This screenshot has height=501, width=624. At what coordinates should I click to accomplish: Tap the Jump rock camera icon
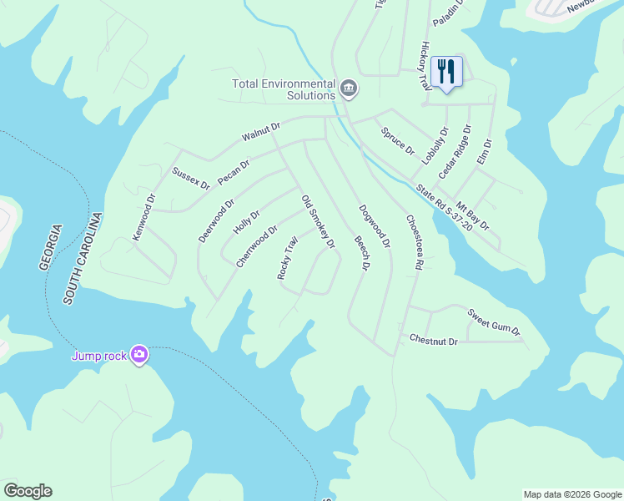138,356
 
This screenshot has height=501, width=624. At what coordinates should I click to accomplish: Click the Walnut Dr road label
262,130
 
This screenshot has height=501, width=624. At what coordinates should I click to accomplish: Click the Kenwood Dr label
144,218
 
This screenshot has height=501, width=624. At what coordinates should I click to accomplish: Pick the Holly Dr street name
246,223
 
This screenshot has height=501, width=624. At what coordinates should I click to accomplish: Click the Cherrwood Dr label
256,245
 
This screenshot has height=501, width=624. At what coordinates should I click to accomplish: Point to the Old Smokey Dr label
318,221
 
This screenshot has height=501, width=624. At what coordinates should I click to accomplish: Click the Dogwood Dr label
375,226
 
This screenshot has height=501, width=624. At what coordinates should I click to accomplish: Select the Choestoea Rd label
415,241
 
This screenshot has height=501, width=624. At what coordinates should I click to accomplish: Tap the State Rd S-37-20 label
444,208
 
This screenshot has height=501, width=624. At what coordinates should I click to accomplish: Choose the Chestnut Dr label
434,341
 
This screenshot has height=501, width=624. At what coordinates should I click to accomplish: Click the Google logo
28,491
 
